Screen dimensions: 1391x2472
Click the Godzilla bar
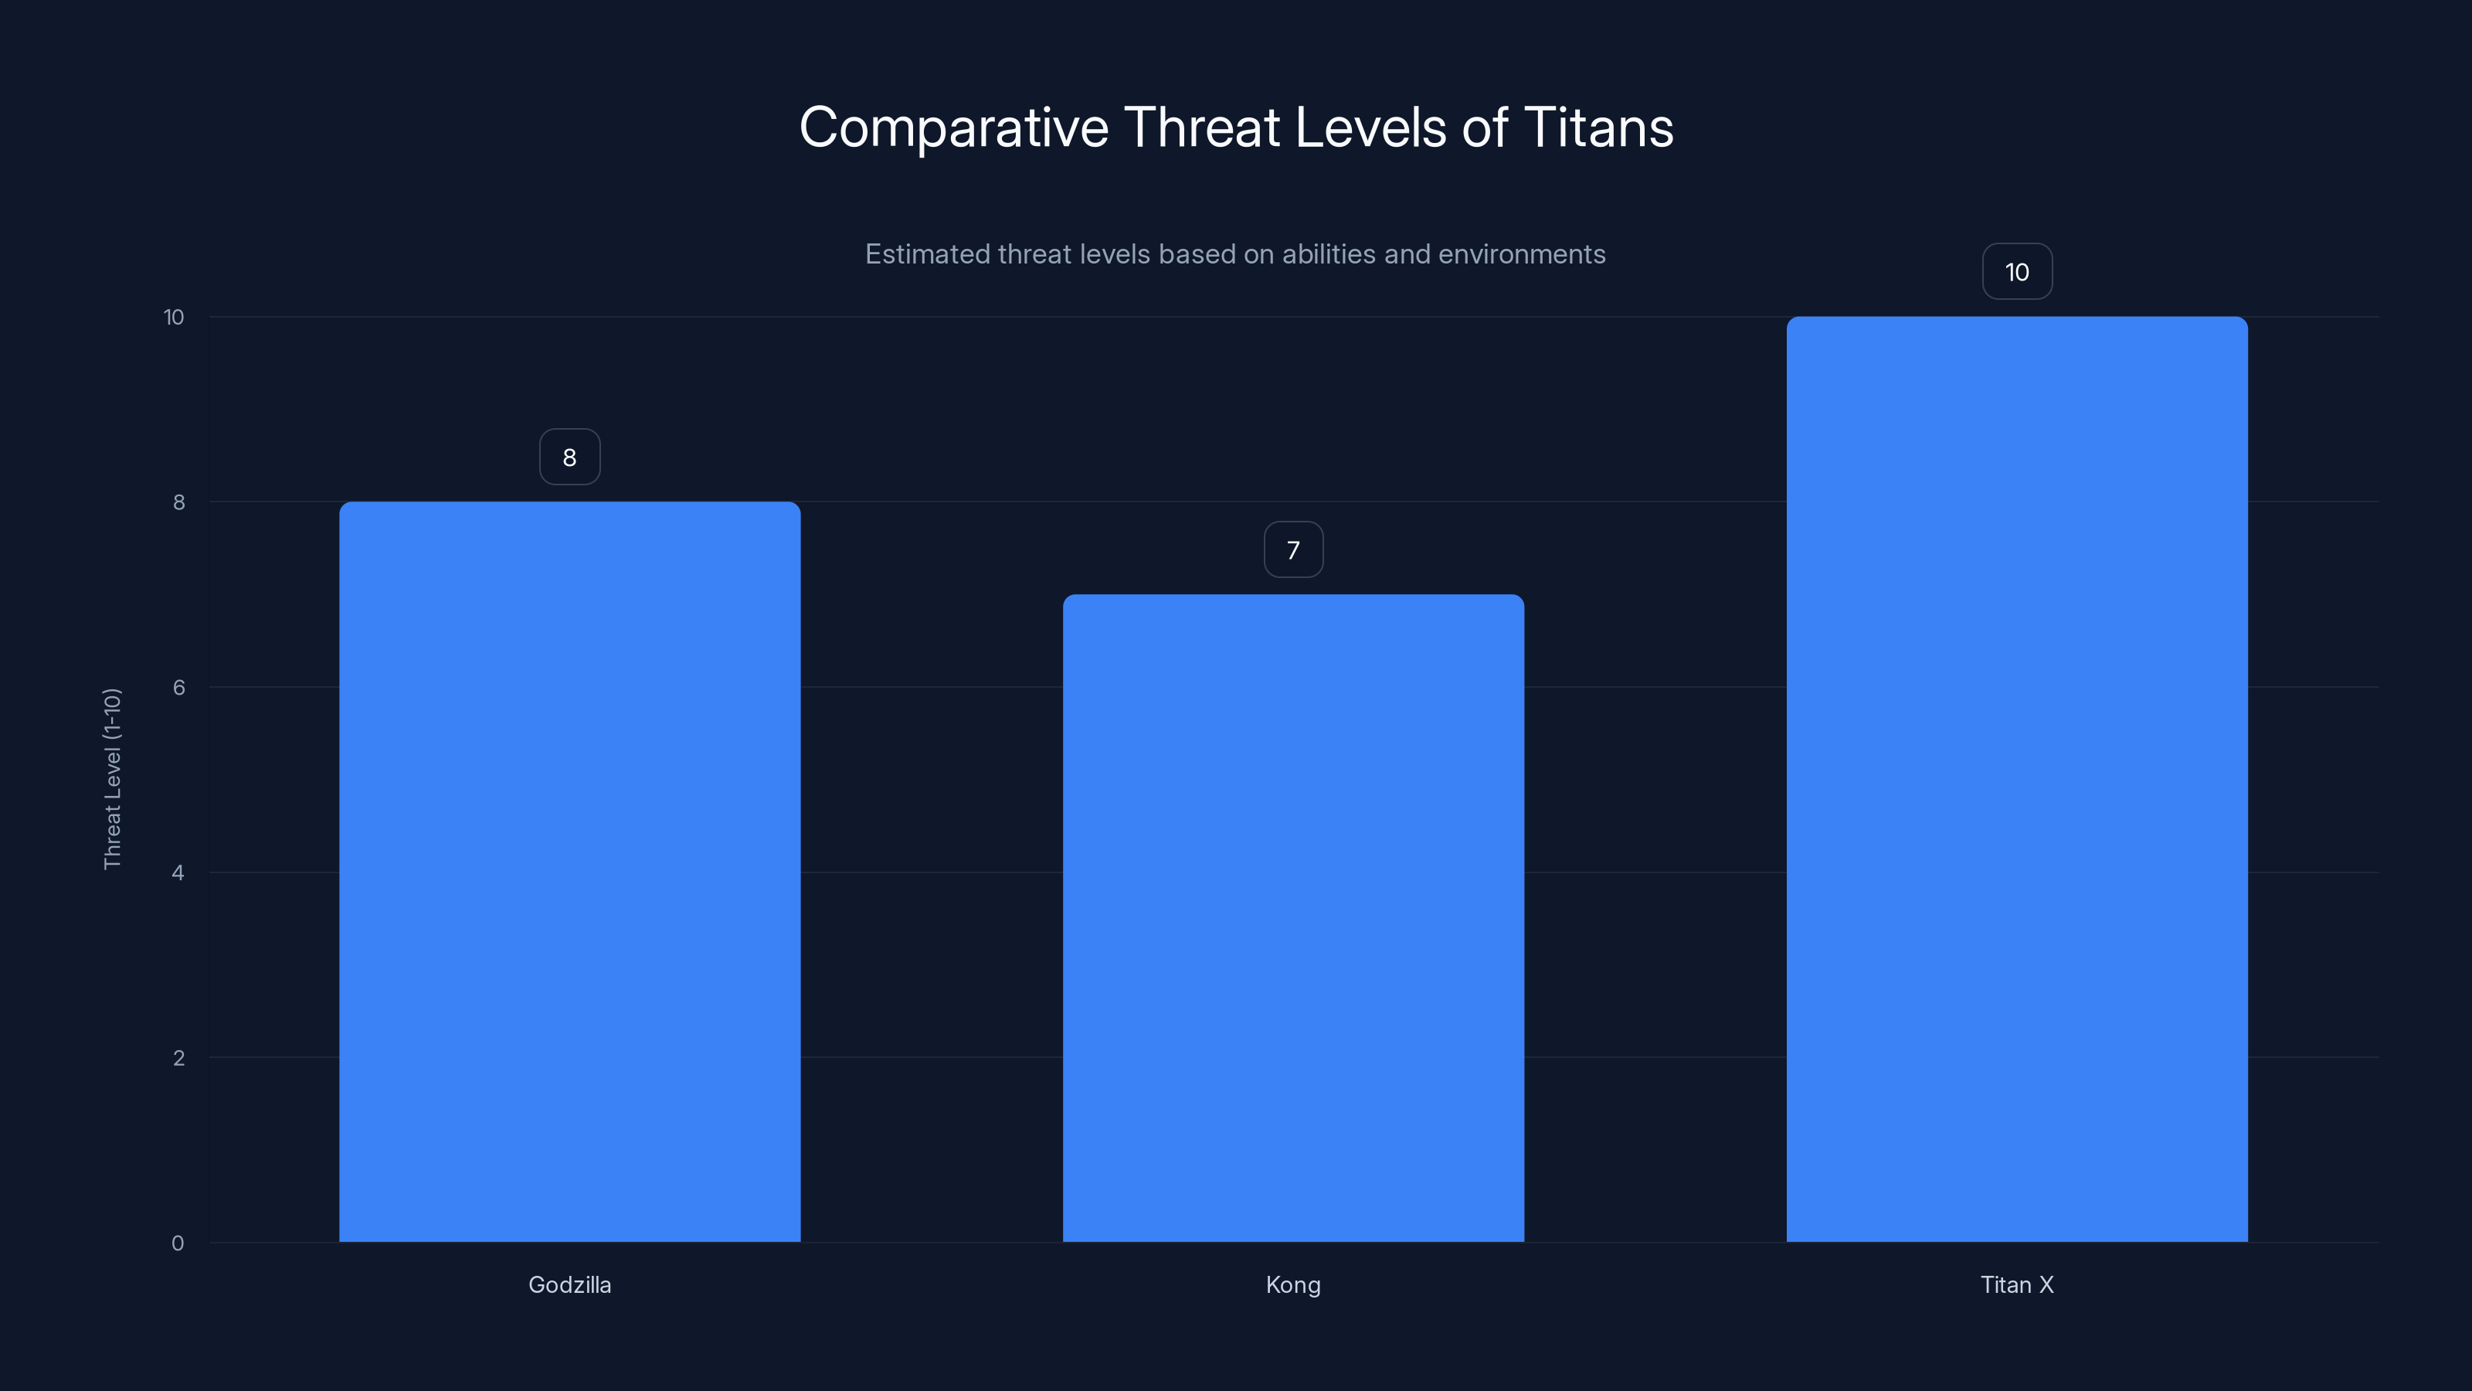coord(569,872)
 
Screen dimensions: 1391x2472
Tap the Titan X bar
coord(2016,778)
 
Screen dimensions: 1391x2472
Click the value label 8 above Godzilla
coord(569,457)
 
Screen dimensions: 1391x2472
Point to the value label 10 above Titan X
coord(2016,272)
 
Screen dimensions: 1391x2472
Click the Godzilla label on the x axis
coord(569,1284)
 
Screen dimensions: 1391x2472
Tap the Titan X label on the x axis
coord(2016,1284)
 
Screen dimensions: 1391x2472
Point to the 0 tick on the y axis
coord(178,1243)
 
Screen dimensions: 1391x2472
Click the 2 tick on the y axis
coord(178,1058)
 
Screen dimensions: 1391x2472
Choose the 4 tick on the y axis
coord(178,872)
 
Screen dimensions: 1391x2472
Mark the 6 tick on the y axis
coord(178,687)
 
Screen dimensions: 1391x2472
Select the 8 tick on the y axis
coord(178,502)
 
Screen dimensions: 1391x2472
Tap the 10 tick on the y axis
coord(174,317)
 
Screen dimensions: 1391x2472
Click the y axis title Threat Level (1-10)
coord(112,778)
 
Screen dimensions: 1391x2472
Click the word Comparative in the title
coord(953,128)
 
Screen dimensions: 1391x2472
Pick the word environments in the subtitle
coord(1521,254)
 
